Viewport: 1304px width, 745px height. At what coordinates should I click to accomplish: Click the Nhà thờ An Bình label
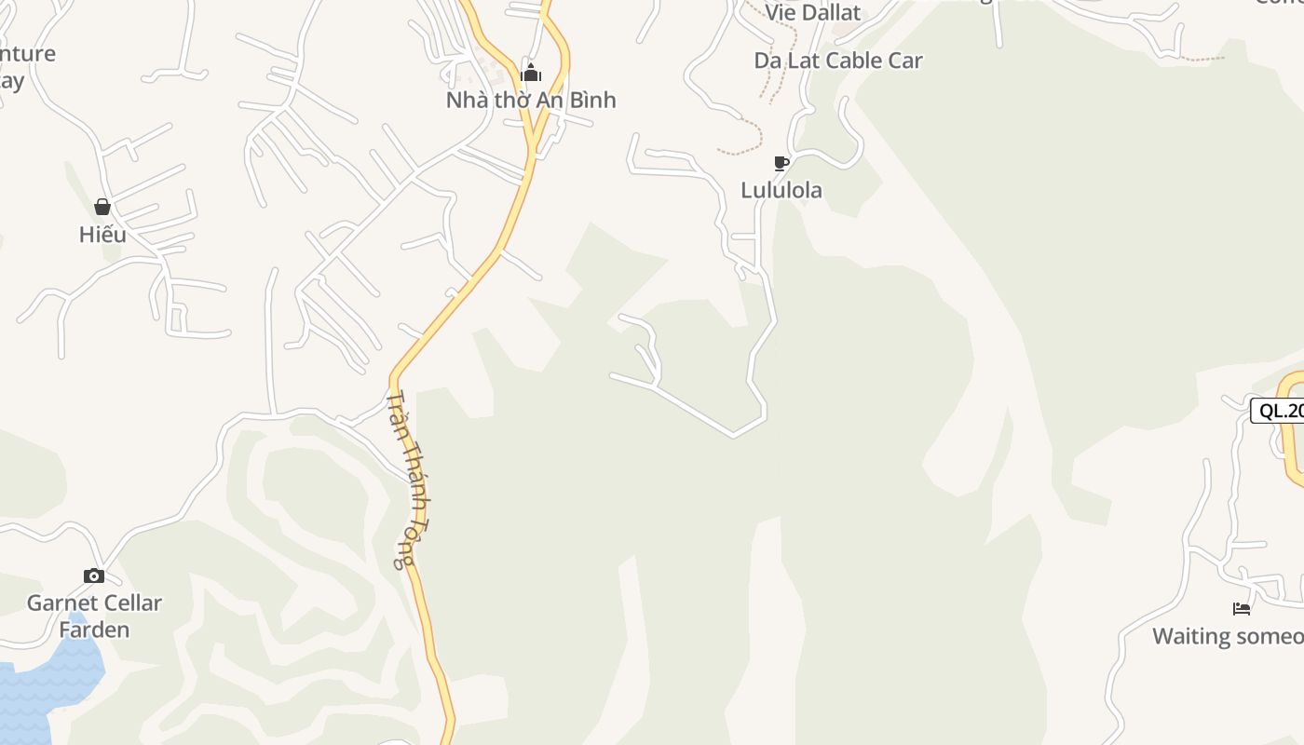[x=531, y=100]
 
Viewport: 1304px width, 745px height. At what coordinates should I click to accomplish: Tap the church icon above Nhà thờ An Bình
[x=531, y=74]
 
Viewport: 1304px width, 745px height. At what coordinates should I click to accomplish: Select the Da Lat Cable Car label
[x=837, y=61]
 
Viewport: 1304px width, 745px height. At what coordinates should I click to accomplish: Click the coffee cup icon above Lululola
[x=781, y=164]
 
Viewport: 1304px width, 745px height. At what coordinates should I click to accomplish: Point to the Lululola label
[x=781, y=190]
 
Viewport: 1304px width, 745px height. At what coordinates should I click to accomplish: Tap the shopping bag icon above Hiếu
[x=102, y=207]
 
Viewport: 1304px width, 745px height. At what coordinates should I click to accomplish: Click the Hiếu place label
[x=102, y=234]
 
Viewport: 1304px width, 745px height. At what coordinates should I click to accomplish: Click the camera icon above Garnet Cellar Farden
[x=94, y=576]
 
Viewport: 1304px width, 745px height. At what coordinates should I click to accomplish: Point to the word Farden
[x=94, y=630]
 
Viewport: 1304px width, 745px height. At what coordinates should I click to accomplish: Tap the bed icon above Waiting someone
[x=1241, y=609]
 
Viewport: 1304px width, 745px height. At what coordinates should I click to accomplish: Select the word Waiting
[x=1191, y=636]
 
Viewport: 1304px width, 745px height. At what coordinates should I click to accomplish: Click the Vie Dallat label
[x=813, y=13]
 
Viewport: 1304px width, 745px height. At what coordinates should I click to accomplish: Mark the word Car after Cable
[x=906, y=61]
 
